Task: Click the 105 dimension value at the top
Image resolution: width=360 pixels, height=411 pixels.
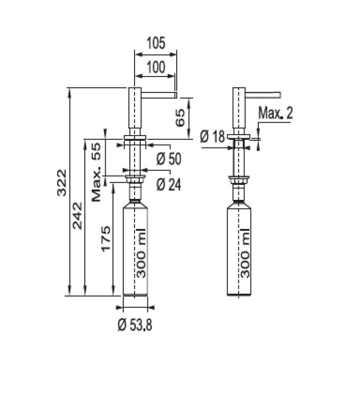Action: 155,43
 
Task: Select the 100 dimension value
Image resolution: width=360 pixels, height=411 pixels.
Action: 155,67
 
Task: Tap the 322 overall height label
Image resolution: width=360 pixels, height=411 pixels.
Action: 62,182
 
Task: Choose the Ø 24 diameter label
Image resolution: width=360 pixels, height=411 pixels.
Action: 168,184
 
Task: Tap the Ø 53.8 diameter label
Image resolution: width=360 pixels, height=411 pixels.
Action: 135,325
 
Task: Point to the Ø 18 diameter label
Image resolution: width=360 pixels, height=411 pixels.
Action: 212,137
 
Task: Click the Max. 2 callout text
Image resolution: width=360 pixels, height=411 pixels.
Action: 275,113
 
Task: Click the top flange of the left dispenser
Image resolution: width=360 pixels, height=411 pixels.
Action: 135,137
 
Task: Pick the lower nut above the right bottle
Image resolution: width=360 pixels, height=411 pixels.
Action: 239,180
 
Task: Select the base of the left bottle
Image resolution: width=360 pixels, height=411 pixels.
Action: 135,294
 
